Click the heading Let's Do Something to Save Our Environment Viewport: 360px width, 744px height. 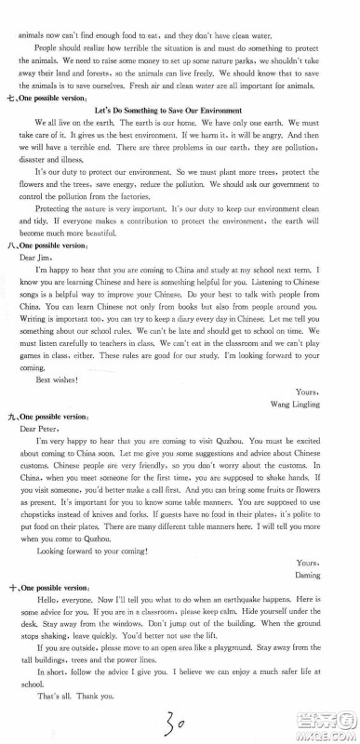[x=180, y=111]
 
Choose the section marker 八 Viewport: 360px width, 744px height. [x=13, y=245]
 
